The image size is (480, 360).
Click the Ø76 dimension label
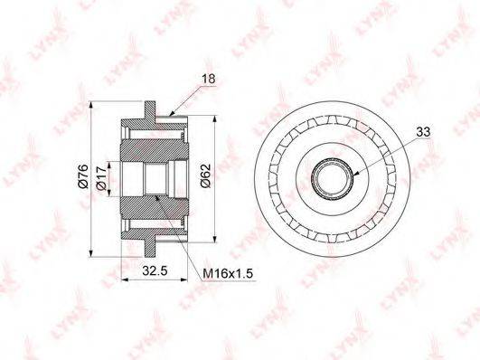[83, 176]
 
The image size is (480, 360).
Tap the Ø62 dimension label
[206, 175]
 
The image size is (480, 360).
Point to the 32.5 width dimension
[155, 270]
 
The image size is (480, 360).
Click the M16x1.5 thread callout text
[228, 273]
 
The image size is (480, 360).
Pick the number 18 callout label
[209, 79]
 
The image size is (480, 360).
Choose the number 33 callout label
[423, 132]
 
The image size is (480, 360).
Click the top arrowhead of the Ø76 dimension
[90, 104]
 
